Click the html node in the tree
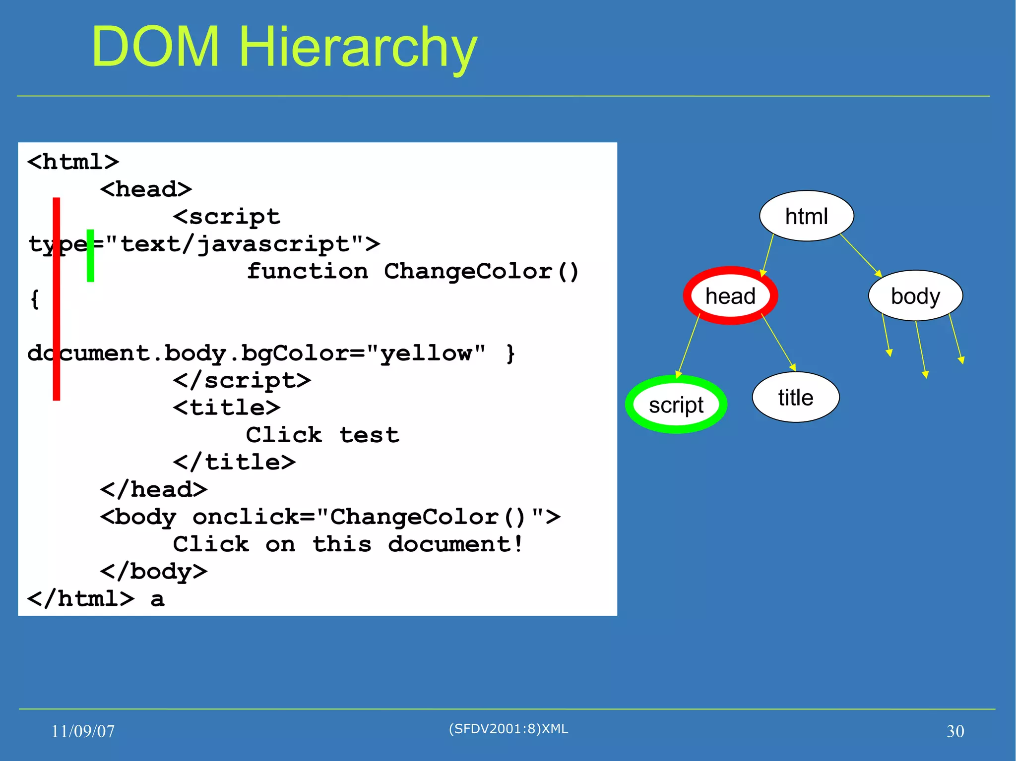[806, 216]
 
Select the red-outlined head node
[730, 296]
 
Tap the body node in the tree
[915, 296]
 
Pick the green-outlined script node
[676, 405]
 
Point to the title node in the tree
[795, 397]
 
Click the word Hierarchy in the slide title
[358, 47]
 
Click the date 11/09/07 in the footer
[83, 731]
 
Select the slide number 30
[955, 731]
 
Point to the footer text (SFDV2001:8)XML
[508, 729]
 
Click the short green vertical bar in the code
[90, 255]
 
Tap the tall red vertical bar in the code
[57, 298]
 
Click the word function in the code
[308, 271]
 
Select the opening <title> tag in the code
[227, 408]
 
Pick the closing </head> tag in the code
[154, 489]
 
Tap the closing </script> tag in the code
[242, 380]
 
